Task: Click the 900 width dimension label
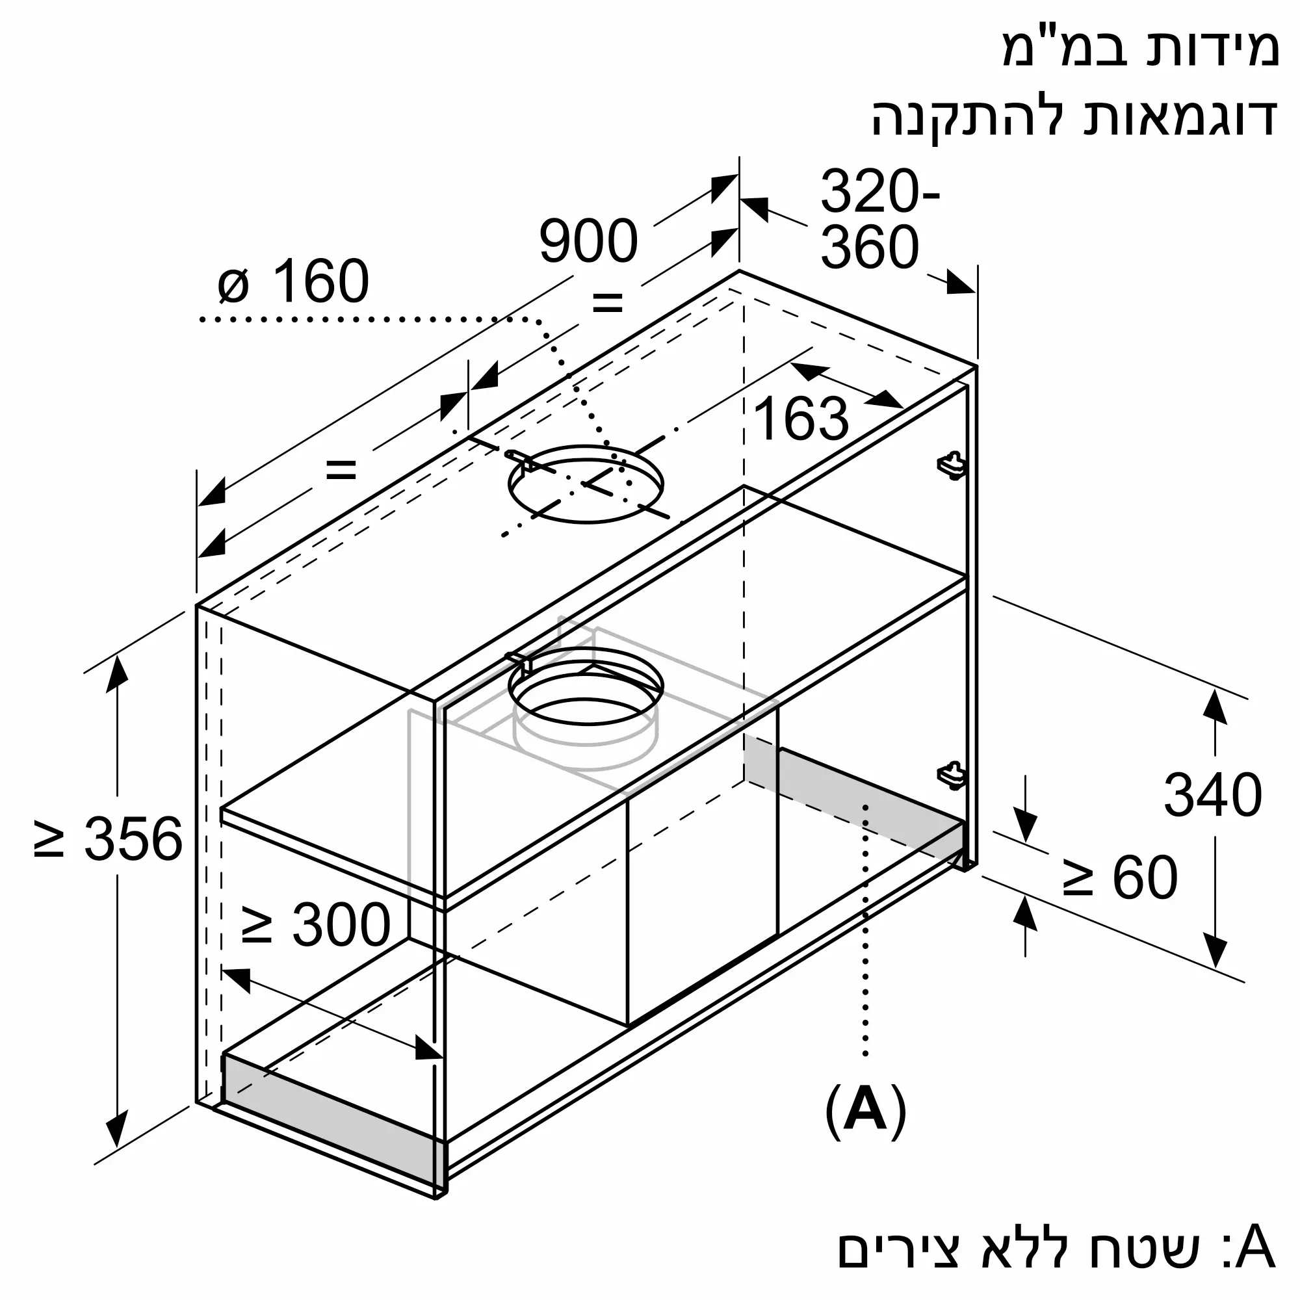pyautogui.click(x=588, y=241)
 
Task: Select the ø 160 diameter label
pyautogui.click(x=293, y=281)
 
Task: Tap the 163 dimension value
pyautogui.click(x=801, y=419)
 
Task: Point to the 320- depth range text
pyautogui.click(x=879, y=192)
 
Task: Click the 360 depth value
pyautogui.click(x=869, y=248)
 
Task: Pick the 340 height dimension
pyautogui.click(x=1212, y=796)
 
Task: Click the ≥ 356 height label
pyautogui.click(x=109, y=839)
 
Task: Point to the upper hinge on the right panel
pyautogui.click(x=952, y=465)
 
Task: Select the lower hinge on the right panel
pyautogui.click(x=952, y=775)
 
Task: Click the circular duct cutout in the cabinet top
pyautogui.click(x=586, y=483)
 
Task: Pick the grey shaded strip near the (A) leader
pyautogui.click(x=868, y=798)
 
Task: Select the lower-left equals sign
pyautogui.click(x=341, y=469)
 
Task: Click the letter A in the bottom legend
pyautogui.click(x=1255, y=1248)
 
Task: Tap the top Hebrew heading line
pyautogui.click(x=1140, y=49)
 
